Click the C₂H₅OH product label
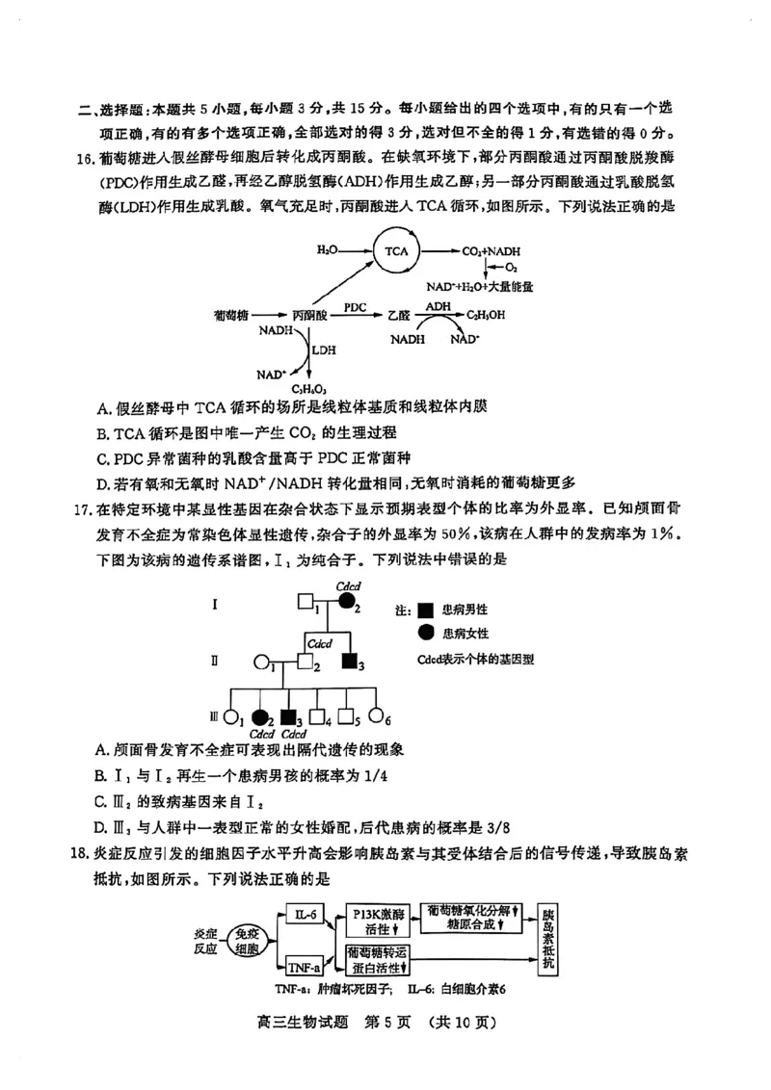point(486,314)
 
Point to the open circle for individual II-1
point(260,662)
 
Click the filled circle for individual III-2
point(258,717)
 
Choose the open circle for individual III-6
point(377,717)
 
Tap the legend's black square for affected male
point(425,610)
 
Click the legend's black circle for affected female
point(425,633)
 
